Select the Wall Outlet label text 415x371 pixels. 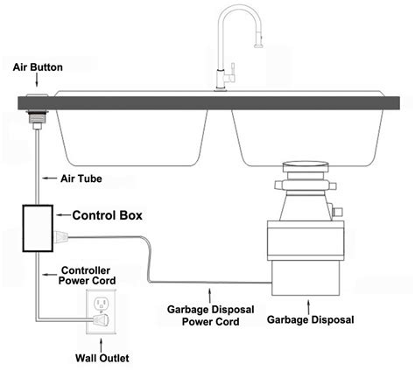pyautogui.click(x=102, y=359)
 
